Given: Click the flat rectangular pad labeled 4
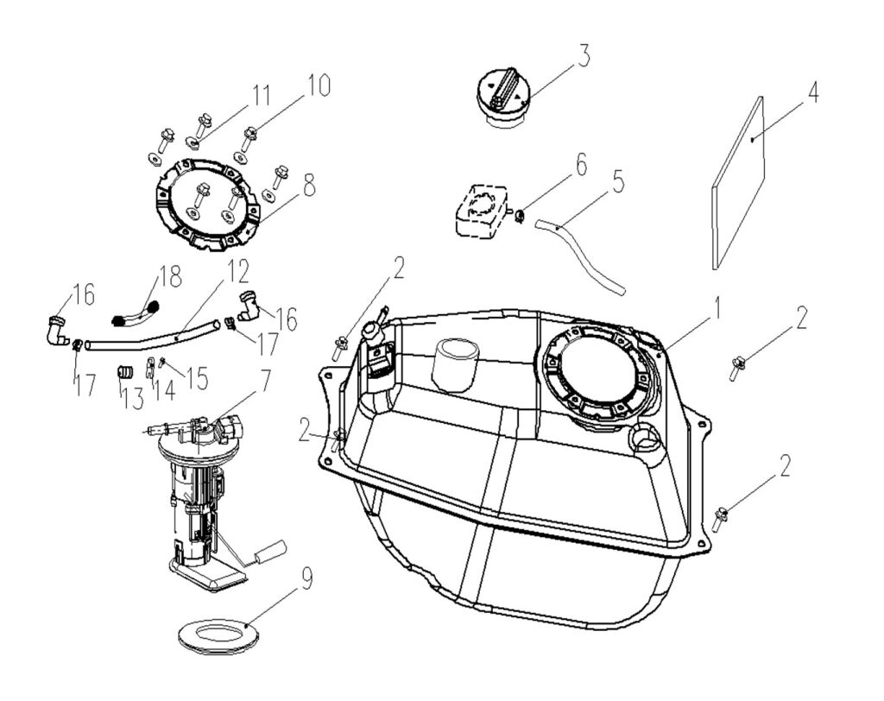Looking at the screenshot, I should pos(740,181).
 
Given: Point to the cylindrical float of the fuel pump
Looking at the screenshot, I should pos(271,549).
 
